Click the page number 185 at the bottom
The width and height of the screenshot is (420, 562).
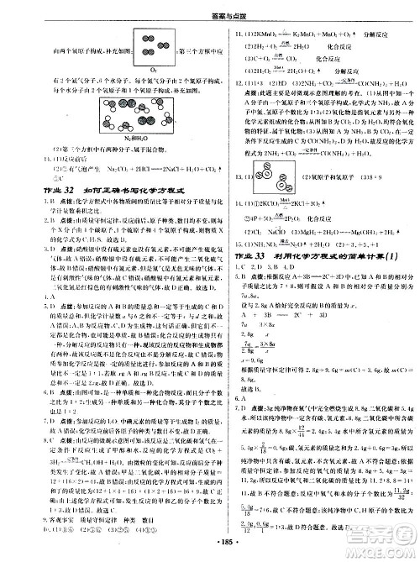[209, 553]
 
